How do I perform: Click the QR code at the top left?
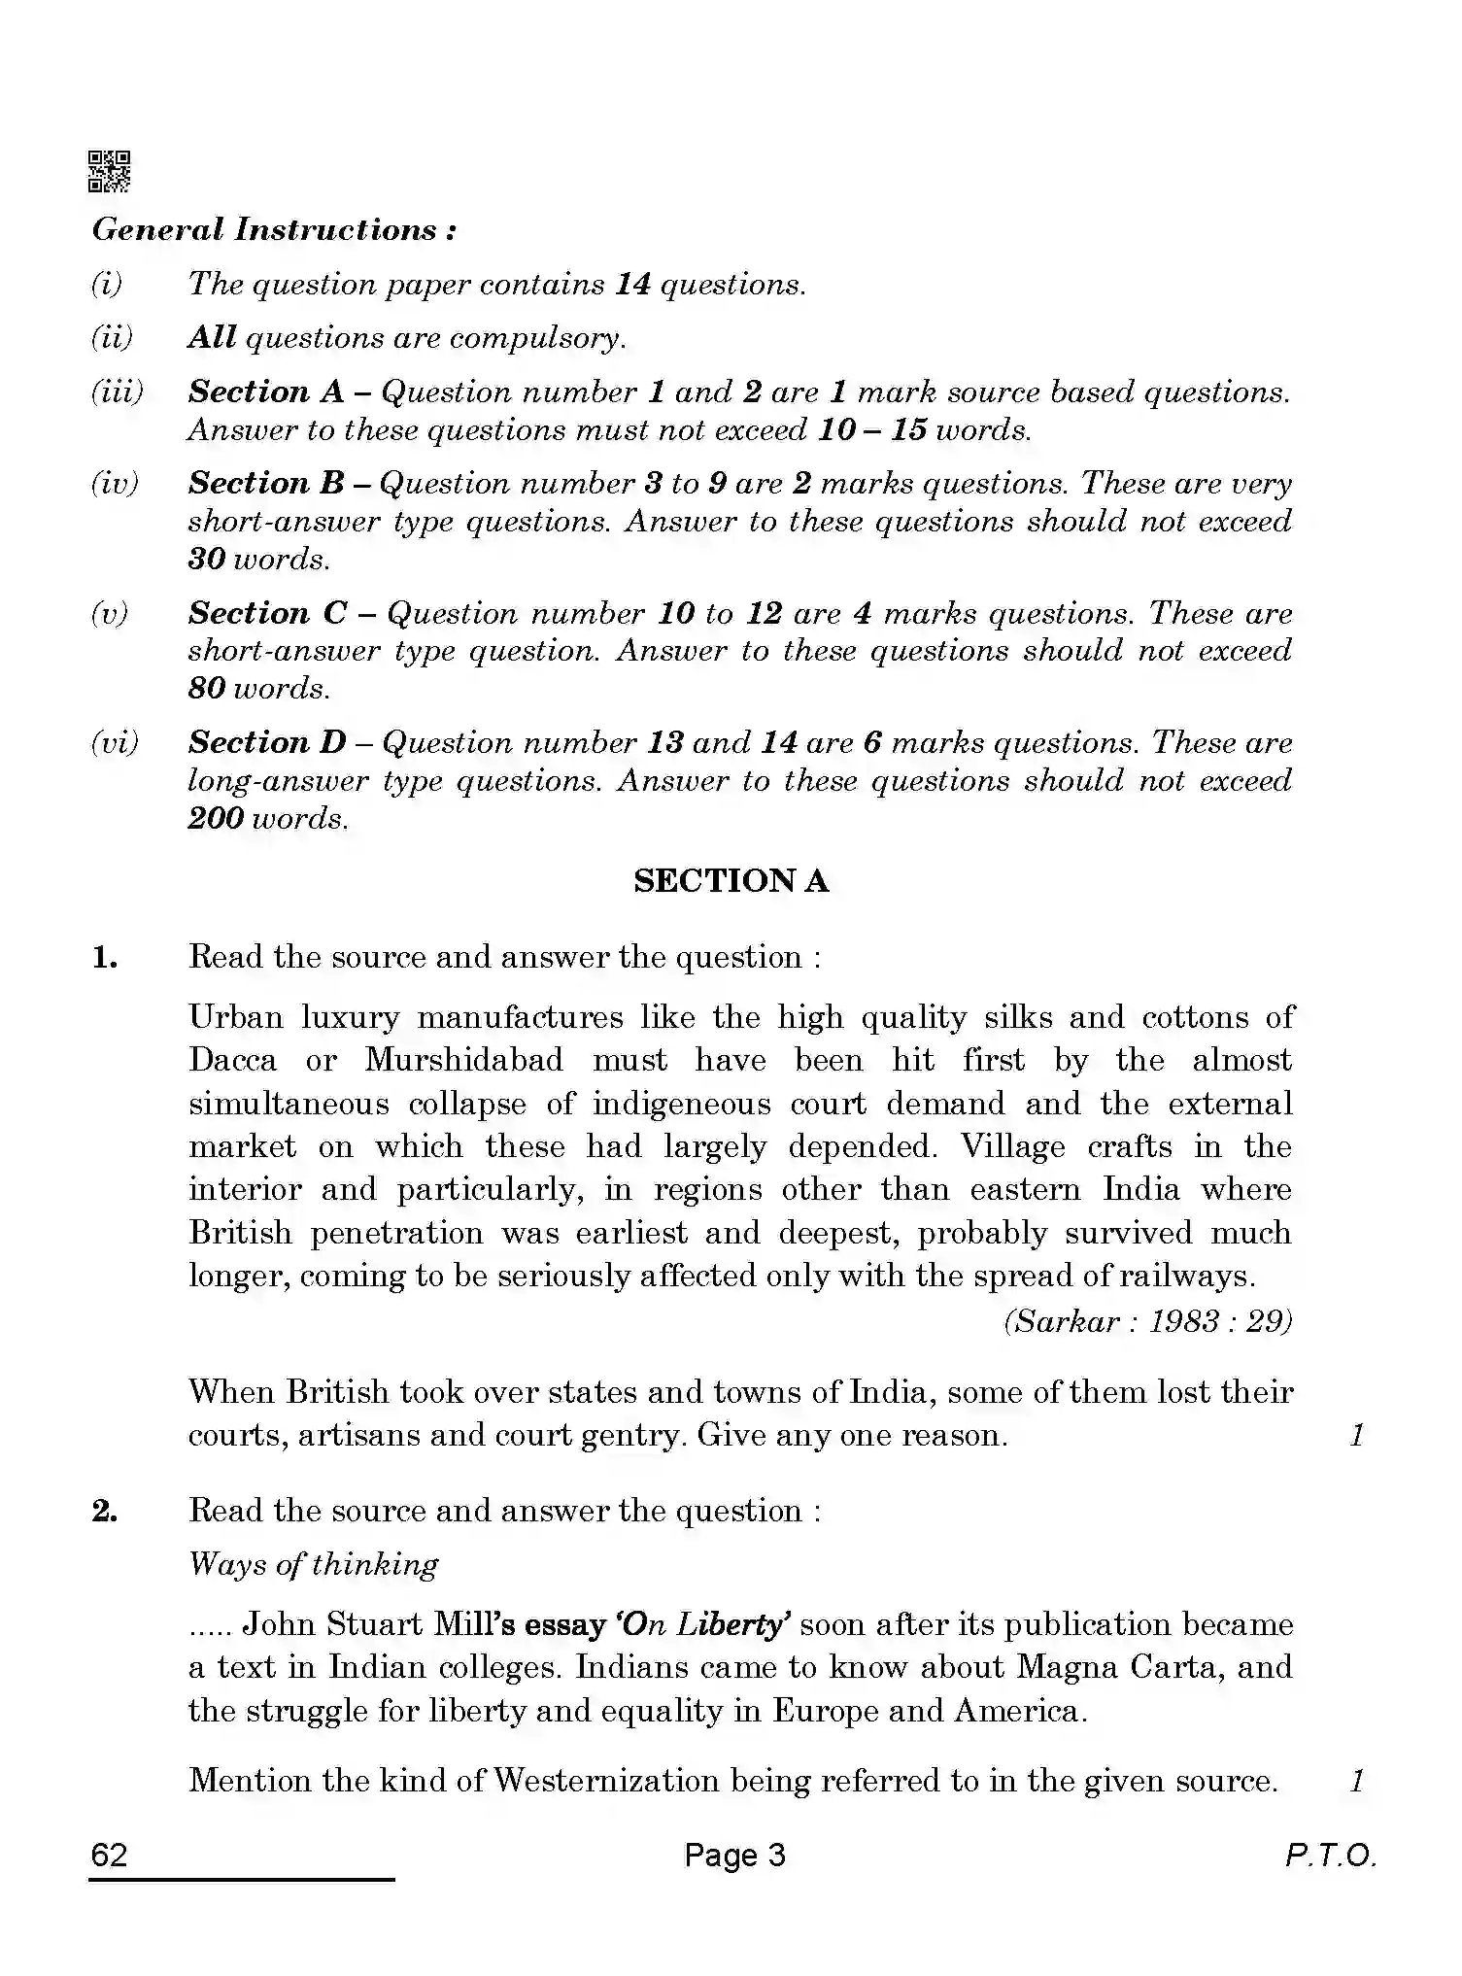(110, 171)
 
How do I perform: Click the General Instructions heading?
(274, 230)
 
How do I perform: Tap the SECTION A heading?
(731, 881)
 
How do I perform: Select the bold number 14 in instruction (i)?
(632, 284)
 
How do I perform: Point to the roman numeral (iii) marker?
(117, 392)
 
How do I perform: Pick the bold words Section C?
(267, 613)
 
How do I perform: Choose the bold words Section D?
(267, 742)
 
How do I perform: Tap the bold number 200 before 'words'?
(216, 818)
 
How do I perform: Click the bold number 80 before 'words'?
(207, 688)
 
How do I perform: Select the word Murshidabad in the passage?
(463, 1059)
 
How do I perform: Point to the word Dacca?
(232, 1059)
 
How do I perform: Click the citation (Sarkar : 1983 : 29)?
(1147, 1321)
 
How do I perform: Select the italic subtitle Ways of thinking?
(313, 1564)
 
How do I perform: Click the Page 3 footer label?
(734, 1856)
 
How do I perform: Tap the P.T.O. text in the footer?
(1330, 1857)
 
